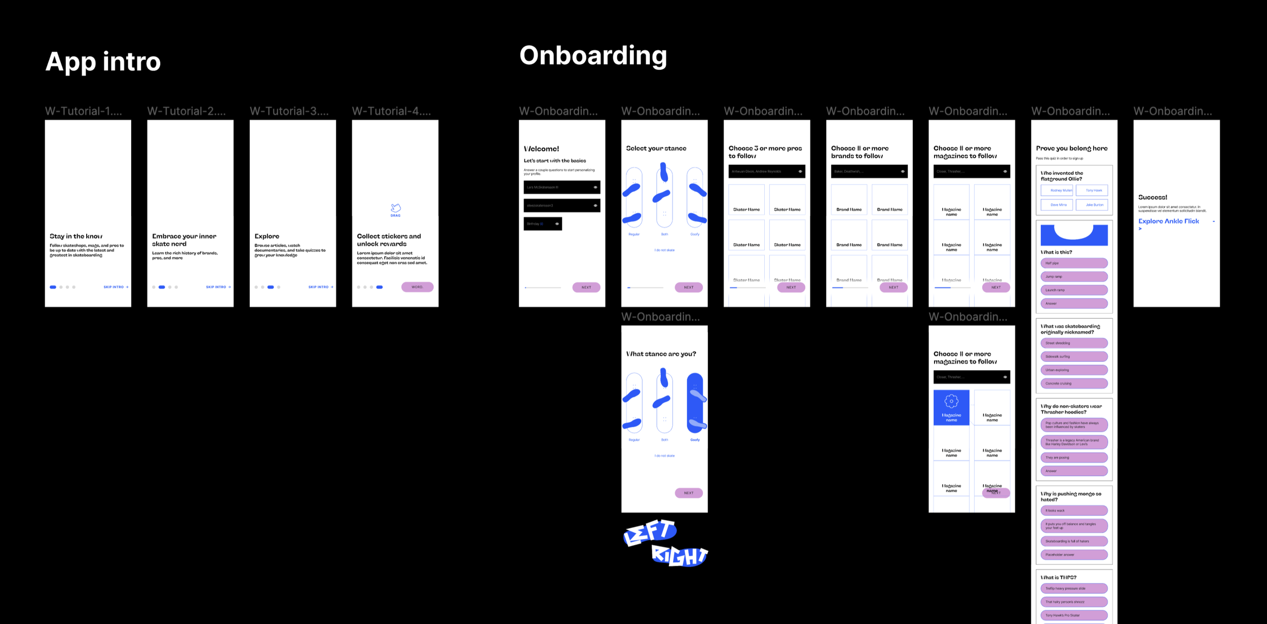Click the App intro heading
103,62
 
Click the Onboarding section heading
593,56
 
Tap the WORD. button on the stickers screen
417,287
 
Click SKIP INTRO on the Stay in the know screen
116,287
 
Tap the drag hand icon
395,208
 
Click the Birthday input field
542,224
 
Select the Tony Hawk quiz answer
1094,191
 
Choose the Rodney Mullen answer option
1057,191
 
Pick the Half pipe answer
1074,263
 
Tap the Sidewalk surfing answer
1074,356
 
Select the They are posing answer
1074,457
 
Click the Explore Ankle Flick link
1168,222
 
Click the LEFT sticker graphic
650,532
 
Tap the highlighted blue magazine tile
951,407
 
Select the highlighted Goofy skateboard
695,403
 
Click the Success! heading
1152,197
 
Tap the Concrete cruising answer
1074,383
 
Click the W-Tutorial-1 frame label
84,111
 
